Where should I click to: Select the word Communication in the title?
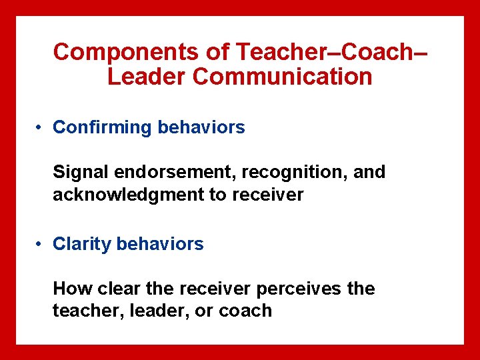tap(282, 77)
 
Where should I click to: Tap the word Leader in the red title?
tap(146, 77)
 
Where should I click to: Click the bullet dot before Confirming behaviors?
tap(41, 127)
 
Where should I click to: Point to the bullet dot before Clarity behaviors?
tap(41, 245)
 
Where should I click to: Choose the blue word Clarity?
tap(82, 245)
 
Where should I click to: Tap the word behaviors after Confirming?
tap(201, 127)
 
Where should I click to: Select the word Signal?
tap(81, 173)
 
